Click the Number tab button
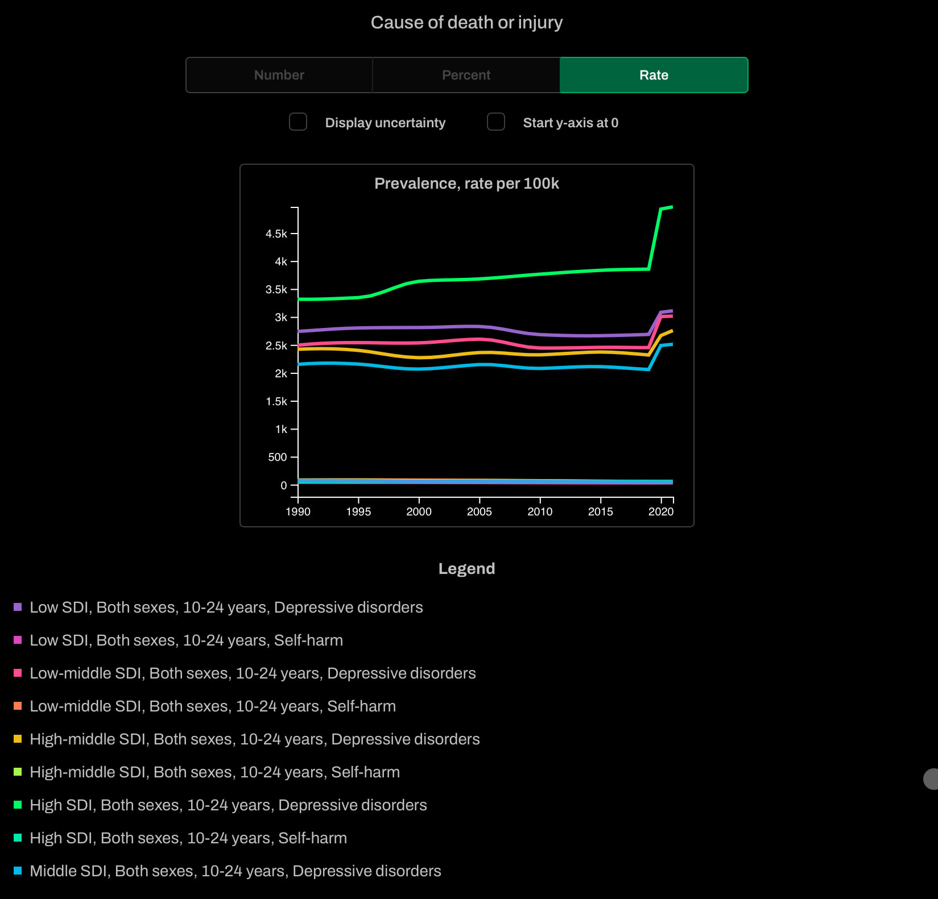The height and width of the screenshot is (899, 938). pyautogui.click(x=279, y=75)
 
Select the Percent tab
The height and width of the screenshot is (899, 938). pyautogui.click(x=466, y=75)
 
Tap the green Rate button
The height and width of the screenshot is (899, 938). pyautogui.click(x=654, y=75)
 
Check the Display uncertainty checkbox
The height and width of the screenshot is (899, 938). pyautogui.click(x=298, y=122)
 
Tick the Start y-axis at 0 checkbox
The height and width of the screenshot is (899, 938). pyautogui.click(x=496, y=122)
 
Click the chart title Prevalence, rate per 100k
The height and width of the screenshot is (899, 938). pyautogui.click(x=466, y=184)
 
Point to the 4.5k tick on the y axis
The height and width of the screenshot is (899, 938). pyautogui.click(x=276, y=234)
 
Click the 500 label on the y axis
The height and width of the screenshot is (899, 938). pyautogui.click(x=278, y=457)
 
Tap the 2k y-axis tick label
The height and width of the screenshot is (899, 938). pyautogui.click(x=281, y=373)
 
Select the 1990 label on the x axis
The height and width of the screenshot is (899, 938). pyautogui.click(x=298, y=511)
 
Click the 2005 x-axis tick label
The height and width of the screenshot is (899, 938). pyautogui.click(x=480, y=511)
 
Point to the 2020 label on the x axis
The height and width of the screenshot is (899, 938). pyautogui.click(x=661, y=511)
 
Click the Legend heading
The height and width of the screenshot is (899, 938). pyautogui.click(x=466, y=569)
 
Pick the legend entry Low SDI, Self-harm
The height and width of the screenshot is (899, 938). pyautogui.click(x=186, y=640)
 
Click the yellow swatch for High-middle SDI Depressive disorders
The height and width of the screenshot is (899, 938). pyautogui.click(x=18, y=739)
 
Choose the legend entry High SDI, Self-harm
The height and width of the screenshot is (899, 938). pyautogui.click(x=188, y=838)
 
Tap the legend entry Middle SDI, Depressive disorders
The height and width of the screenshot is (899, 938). pyautogui.click(x=235, y=871)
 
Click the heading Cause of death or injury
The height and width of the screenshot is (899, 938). pyautogui.click(x=466, y=22)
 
